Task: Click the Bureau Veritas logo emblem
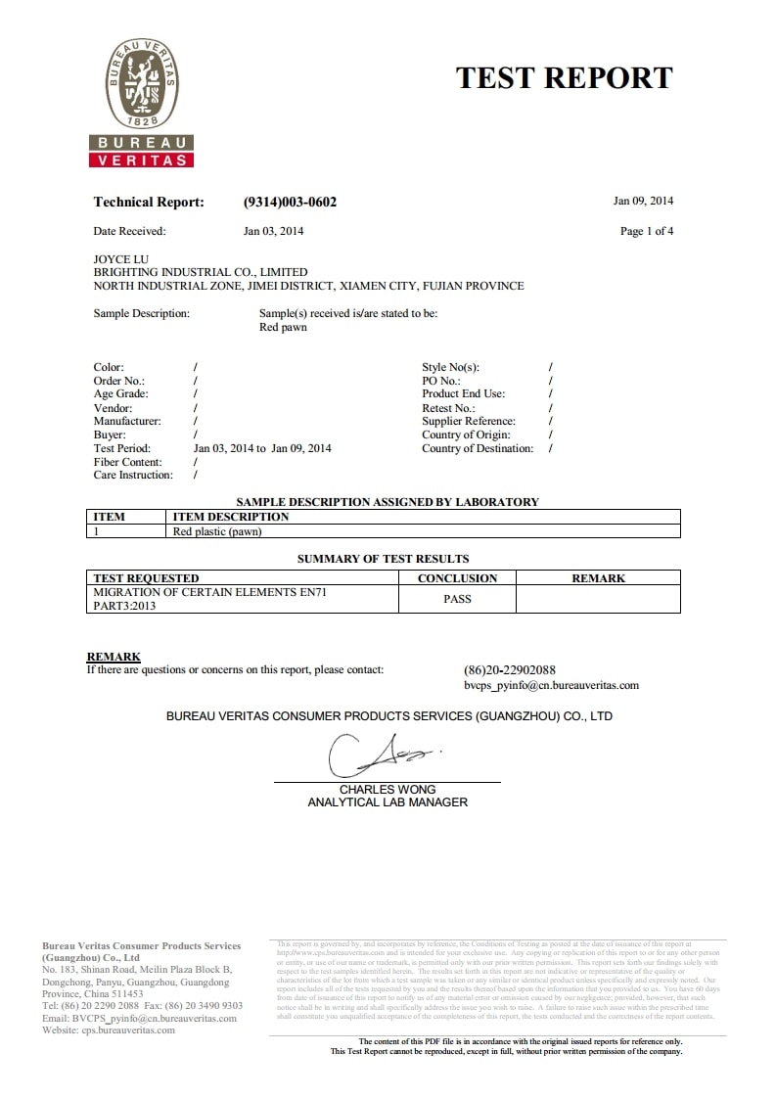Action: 142,88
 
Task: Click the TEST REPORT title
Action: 564,78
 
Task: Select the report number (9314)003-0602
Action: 290,203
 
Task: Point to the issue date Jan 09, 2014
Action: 643,202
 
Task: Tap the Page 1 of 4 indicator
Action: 647,232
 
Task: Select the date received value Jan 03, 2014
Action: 273,232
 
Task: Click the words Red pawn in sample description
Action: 283,328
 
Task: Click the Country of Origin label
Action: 466,435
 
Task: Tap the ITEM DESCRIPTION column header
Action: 231,517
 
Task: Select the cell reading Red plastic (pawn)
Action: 217,531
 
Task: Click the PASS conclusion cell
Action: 457,599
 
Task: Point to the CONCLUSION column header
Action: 457,578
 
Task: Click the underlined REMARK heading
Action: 114,657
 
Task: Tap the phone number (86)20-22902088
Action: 509,670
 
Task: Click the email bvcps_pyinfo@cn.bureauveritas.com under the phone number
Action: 551,686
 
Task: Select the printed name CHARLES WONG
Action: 388,790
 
